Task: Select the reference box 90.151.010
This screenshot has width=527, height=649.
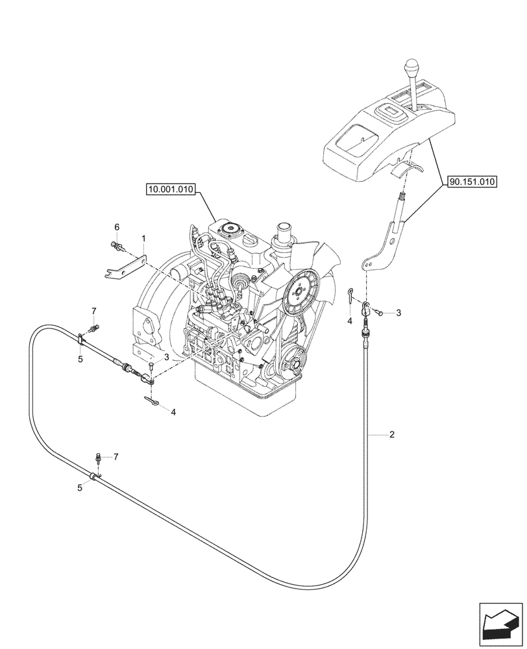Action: (471, 183)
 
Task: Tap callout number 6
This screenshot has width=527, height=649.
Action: (117, 227)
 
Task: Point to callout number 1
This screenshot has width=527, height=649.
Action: (143, 239)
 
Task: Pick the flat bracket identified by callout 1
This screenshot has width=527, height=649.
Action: (123, 267)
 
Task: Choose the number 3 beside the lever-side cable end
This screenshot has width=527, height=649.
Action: (398, 313)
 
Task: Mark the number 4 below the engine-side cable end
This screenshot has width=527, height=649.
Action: (173, 411)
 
